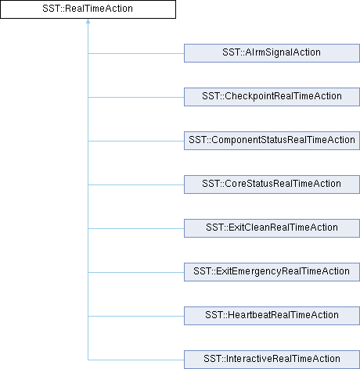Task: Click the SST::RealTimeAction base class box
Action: point(88,9)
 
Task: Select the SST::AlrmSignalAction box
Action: point(272,53)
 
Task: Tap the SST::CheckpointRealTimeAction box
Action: point(272,97)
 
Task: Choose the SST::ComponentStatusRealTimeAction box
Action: point(272,141)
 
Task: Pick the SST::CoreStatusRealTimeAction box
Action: point(272,184)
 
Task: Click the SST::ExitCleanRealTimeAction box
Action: point(272,228)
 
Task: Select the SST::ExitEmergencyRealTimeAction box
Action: point(272,272)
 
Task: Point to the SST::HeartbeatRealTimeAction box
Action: point(272,316)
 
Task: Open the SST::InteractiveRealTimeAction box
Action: point(272,360)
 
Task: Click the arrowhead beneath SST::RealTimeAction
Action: point(88,21)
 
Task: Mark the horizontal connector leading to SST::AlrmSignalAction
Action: point(136,54)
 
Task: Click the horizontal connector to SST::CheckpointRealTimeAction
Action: point(136,98)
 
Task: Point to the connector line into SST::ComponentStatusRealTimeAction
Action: point(136,142)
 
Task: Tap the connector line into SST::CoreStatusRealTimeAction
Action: point(136,185)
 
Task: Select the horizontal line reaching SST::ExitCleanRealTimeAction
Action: point(136,229)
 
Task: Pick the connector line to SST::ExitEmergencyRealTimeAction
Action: point(136,273)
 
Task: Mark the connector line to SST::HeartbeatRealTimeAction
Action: point(136,317)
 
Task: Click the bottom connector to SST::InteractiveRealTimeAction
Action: point(136,360)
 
